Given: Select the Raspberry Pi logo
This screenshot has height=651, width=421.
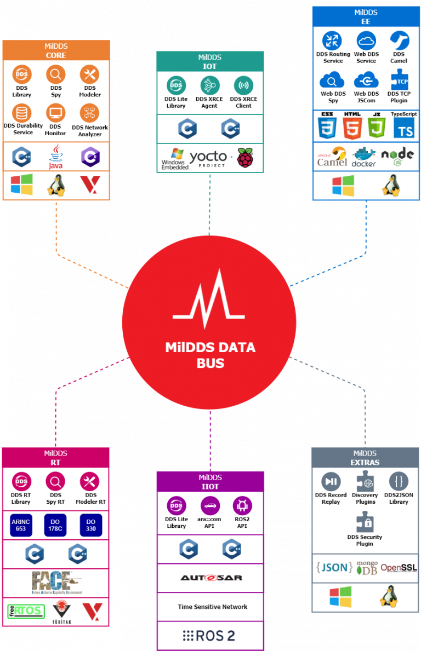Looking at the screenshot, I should coord(246,158).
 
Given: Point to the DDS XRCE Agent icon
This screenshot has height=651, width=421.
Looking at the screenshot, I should coord(209,85).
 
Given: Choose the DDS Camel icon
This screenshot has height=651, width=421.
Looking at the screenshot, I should coord(399,41).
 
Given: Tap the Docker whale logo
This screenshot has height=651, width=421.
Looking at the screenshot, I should coord(364,156).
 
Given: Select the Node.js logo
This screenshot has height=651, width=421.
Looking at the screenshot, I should coord(397,155).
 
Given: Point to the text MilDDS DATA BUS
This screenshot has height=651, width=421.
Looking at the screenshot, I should coord(210,355).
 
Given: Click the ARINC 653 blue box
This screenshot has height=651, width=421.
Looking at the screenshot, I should coord(21,525).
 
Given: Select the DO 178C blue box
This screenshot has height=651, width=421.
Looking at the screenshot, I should coord(55,525).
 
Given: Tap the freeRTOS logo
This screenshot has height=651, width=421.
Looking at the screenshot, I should coord(25,610).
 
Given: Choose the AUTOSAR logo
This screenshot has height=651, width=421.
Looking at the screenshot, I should coord(211,578).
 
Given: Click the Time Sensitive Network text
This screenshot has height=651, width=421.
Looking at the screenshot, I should coord(212,607).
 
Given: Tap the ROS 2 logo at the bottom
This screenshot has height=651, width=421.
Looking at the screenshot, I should coord(209,636).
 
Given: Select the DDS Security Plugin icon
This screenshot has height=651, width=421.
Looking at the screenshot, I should coord(365,522).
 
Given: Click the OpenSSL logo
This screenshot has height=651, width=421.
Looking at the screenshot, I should coord(399,568).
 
